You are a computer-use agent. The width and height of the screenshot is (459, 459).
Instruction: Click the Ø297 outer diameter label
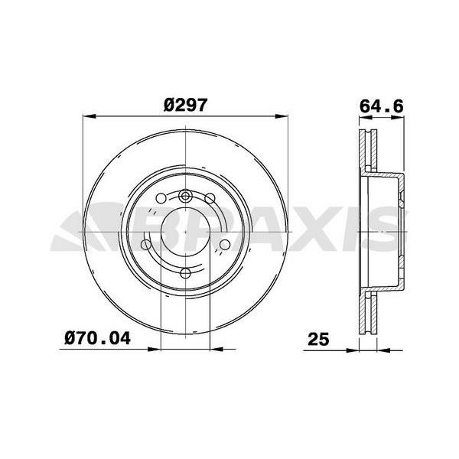(x=184, y=107)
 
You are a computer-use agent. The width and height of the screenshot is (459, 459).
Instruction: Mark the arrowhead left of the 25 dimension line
(x=354, y=349)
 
